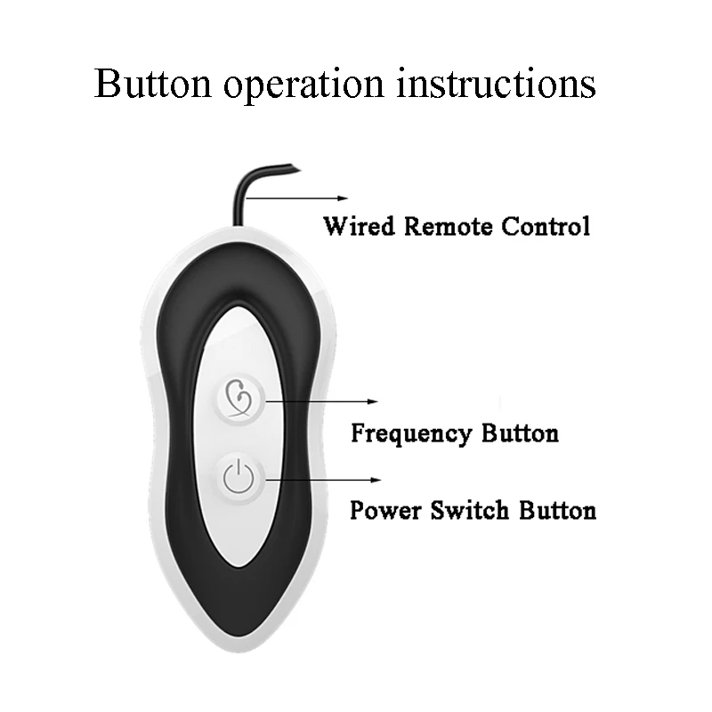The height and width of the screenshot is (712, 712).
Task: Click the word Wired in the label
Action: click(x=360, y=226)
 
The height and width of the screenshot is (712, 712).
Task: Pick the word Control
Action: click(x=546, y=226)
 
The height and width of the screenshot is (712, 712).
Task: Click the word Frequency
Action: click(x=410, y=434)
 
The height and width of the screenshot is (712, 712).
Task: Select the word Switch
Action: click(x=463, y=511)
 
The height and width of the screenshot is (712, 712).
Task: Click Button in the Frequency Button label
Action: click(x=520, y=433)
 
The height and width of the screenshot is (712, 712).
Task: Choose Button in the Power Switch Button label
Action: click(x=554, y=511)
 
